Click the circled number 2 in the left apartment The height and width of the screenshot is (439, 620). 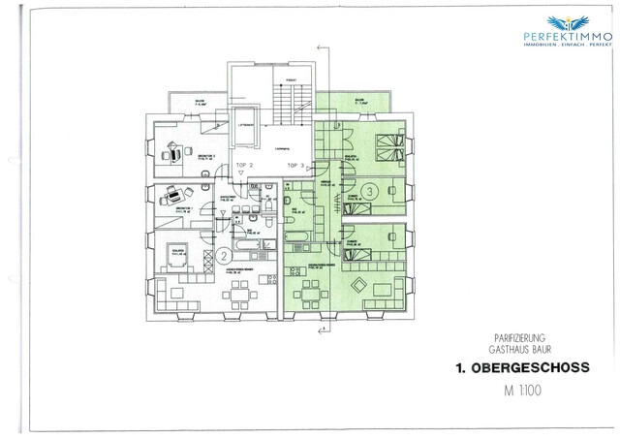pos(223,256)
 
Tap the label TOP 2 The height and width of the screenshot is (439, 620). pos(245,166)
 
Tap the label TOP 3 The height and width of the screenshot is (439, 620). pos(295,166)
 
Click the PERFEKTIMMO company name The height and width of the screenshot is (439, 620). pos(567,37)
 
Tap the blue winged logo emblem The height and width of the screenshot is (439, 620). pos(567,20)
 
